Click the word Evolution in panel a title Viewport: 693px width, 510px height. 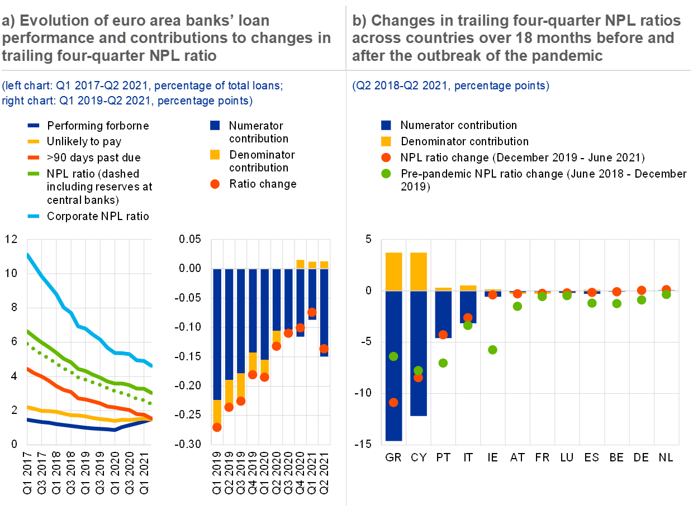click(55, 21)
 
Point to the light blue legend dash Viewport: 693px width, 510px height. click(34, 216)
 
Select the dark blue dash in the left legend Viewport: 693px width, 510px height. click(34, 126)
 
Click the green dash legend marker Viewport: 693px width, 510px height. click(34, 174)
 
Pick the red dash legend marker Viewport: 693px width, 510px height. click(34, 158)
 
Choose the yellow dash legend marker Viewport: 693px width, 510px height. click(34, 141)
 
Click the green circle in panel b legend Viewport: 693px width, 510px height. click(386, 174)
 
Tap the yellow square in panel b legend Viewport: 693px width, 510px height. click(386, 141)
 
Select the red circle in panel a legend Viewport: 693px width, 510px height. click(215, 184)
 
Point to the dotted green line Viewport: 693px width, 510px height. click(84, 380)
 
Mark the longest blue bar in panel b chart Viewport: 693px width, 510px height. click(393, 366)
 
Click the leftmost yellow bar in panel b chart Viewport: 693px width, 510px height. click(393, 271)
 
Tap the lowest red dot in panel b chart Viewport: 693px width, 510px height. click(393, 402)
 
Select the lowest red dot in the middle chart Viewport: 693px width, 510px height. click(217, 427)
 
